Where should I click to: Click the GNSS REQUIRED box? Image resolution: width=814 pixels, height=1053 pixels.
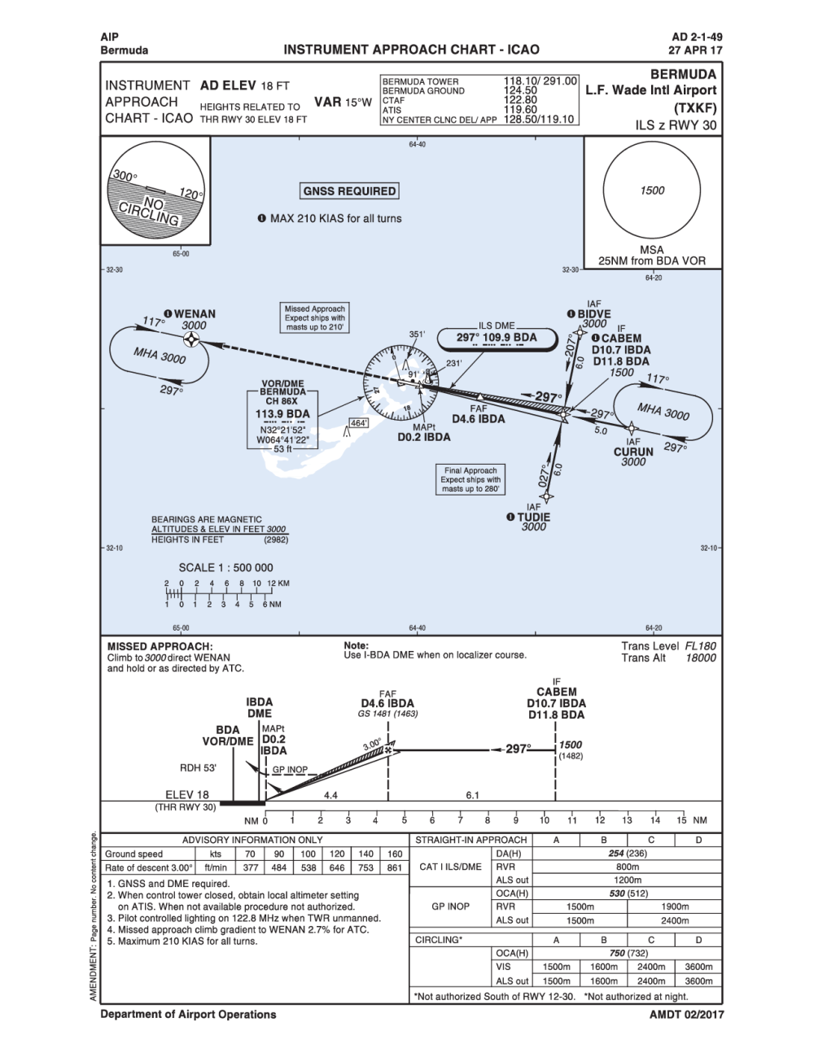tap(349, 191)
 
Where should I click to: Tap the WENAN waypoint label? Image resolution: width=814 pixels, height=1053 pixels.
tap(195, 313)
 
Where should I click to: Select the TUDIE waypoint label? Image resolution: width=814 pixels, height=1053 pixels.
tap(534, 517)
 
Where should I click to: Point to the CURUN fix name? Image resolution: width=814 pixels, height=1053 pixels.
tap(633, 452)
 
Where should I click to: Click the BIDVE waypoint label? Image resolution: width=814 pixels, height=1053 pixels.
tap(593, 314)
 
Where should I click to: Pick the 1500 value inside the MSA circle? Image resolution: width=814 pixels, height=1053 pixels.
tap(652, 190)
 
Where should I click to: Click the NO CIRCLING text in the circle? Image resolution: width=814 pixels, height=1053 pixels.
tap(150, 211)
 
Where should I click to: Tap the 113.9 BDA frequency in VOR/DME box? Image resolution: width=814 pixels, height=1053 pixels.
tap(282, 413)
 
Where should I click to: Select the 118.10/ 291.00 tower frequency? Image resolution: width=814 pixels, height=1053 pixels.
tap(540, 81)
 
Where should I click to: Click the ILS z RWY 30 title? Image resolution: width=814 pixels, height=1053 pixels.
tap(676, 125)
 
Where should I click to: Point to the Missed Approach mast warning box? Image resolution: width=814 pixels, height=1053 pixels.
tap(315, 318)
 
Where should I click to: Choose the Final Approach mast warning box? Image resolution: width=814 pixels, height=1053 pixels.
tap(470, 479)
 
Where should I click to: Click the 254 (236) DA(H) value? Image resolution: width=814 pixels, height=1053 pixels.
tap(627, 854)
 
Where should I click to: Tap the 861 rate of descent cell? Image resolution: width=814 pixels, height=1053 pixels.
tap(395, 867)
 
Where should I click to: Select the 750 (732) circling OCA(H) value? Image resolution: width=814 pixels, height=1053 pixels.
tap(627, 953)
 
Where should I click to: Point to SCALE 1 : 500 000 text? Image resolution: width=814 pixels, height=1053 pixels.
tap(226, 567)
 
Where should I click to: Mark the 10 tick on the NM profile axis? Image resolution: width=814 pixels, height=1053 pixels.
tap(545, 820)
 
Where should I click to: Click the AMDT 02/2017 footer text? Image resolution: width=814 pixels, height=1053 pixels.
tap(686, 1014)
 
